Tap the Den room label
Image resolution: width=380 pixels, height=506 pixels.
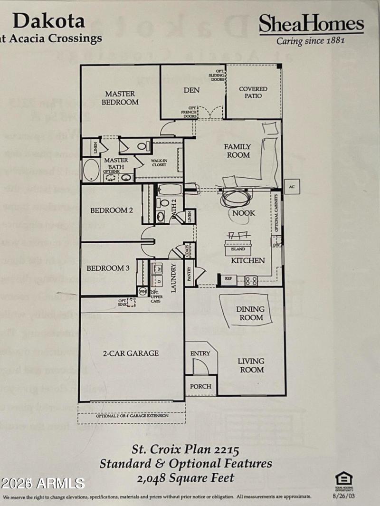[x=191, y=90]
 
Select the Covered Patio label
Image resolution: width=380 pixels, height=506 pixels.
[x=253, y=92]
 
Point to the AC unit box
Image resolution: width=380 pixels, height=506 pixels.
[x=292, y=187]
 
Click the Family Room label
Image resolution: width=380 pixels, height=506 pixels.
[x=237, y=151]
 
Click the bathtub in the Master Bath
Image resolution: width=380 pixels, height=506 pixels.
[x=91, y=171]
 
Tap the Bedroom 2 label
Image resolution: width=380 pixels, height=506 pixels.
[x=112, y=210]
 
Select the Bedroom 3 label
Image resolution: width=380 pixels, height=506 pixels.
[x=108, y=268]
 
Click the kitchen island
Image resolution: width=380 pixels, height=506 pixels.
[x=238, y=248]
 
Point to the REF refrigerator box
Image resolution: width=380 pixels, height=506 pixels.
[x=228, y=279]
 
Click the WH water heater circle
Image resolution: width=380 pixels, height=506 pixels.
[x=142, y=291]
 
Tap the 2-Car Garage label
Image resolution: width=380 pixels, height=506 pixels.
[x=131, y=353]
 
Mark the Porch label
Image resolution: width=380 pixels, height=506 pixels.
[x=200, y=386]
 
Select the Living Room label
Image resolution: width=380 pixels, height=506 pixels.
[x=251, y=365]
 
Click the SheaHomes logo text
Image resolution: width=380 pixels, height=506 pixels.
[x=311, y=24]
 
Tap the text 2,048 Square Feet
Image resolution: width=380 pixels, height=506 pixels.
[x=186, y=477]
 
